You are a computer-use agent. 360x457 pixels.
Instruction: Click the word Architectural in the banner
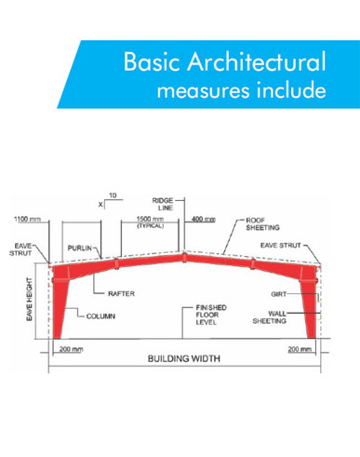(257, 61)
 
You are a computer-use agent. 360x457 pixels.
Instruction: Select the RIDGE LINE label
(163, 204)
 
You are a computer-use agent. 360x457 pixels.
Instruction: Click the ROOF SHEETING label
(262, 224)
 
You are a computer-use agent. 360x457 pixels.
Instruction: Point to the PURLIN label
(80, 249)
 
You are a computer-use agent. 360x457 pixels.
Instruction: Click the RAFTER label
(121, 293)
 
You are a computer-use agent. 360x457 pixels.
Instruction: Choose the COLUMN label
(100, 316)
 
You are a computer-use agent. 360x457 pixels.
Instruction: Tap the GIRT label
(279, 294)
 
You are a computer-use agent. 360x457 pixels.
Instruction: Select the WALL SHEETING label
(270, 317)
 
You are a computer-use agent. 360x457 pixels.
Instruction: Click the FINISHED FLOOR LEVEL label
(211, 315)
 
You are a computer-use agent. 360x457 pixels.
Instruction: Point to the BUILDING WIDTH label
(184, 358)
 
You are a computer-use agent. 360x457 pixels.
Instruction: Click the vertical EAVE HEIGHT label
(30, 300)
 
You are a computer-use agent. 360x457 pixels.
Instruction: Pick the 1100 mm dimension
(27, 219)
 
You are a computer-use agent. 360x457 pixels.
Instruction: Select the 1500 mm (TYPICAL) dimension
(151, 222)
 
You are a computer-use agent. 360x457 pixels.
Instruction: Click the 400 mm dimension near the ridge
(204, 220)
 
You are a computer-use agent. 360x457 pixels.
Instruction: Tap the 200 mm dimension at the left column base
(71, 349)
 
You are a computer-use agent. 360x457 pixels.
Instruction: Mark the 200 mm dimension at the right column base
(300, 349)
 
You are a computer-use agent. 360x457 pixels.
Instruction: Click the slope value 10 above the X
(113, 195)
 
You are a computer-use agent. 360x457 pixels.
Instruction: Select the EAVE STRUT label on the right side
(281, 246)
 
